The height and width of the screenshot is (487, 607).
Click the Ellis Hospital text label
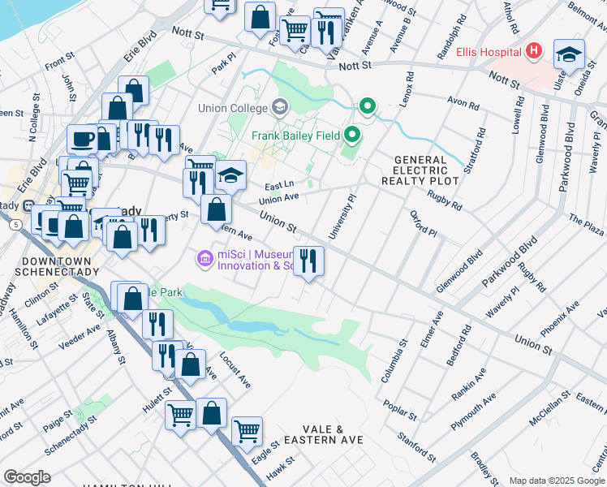488,52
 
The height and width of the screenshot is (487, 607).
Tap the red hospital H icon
533,52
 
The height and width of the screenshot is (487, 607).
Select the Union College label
232,108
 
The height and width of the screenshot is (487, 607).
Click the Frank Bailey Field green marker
352,135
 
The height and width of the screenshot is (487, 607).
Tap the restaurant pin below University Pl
308,261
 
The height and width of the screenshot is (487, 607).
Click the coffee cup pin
82,139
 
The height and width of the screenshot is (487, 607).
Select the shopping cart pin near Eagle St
247,430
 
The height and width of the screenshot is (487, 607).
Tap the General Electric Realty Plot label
420,171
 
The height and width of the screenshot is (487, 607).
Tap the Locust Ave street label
235,369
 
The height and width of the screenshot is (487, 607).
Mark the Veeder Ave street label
79,337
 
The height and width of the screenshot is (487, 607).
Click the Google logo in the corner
27,477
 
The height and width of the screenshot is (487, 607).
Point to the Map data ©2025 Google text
556,481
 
